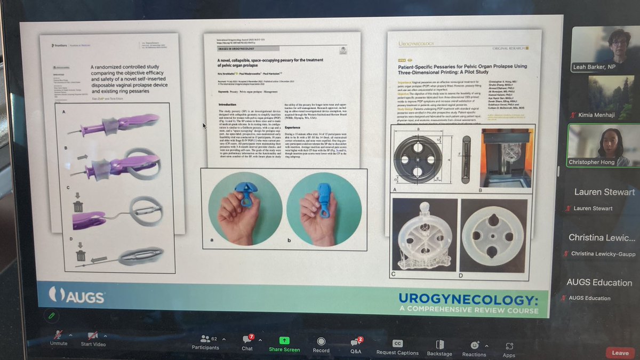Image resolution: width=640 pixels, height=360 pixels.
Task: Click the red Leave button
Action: coord(620,353)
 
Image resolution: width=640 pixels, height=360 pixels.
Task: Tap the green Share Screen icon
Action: coord(284,340)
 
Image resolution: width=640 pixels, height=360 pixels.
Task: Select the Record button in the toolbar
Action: coord(321,341)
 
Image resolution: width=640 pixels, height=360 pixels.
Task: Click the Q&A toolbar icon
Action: coord(355,342)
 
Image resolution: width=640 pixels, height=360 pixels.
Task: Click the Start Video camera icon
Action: coord(93,335)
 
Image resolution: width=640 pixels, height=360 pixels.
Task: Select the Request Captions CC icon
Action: coord(397,343)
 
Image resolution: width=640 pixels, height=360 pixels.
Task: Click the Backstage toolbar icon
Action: coord(439,345)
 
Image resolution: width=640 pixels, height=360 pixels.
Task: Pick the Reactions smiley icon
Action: coord(474,346)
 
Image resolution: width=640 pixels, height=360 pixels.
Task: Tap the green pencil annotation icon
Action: coord(51,316)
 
